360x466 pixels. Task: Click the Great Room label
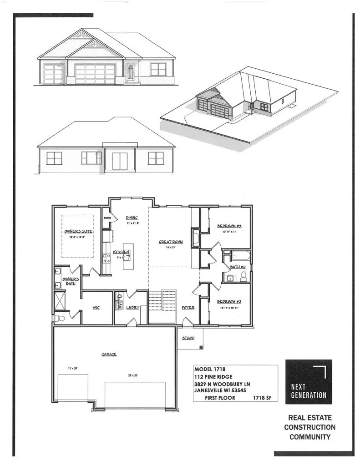(x=171, y=242)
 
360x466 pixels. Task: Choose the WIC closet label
(x=96, y=308)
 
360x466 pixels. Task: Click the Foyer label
(x=188, y=308)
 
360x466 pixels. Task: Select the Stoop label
(x=188, y=339)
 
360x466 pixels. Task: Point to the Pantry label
(x=107, y=218)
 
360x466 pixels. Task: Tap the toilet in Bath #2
(x=243, y=277)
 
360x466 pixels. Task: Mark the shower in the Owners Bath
(x=60, y=300)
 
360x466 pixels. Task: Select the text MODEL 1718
(x=210, y=369)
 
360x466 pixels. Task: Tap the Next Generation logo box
(x=308, y=382)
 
